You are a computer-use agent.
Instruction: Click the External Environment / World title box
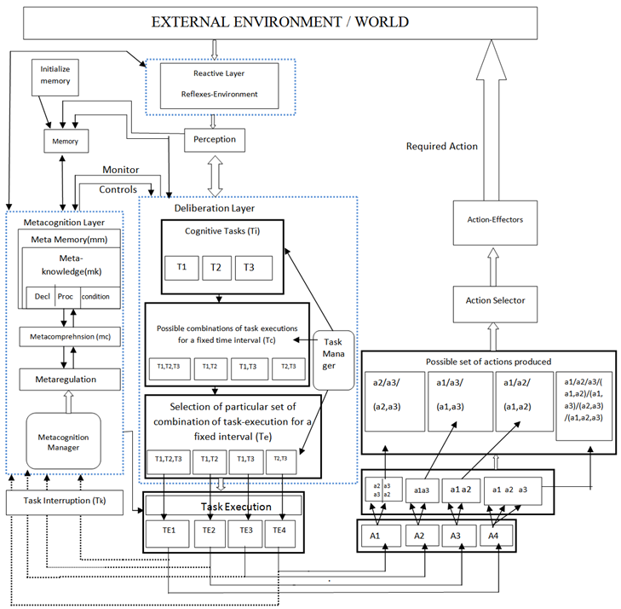click(x=279, y=22)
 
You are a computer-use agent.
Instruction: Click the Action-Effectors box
click(x=496, y=219)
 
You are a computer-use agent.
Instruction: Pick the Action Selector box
click(x=495, y=300)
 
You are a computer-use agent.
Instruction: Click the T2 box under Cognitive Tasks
click(x=216, y=267)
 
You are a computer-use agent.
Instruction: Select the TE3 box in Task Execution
click(x=246, y=530)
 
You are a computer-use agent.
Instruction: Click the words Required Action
click(x=441, y=147)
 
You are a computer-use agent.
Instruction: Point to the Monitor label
click(x=120, y=170)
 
